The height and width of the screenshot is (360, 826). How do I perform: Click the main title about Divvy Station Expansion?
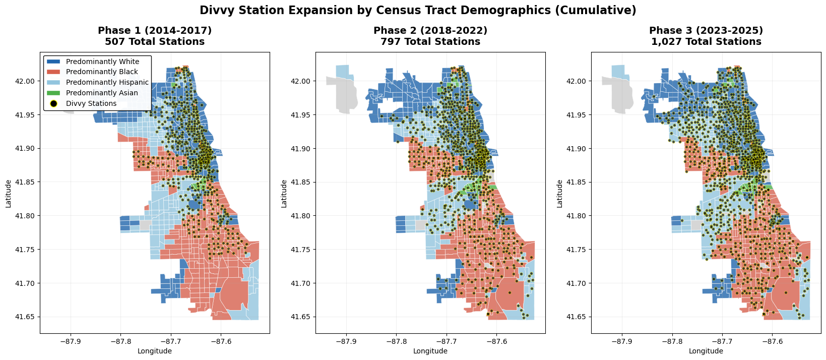coord(418,10)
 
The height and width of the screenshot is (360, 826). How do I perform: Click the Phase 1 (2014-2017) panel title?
coord(155,31)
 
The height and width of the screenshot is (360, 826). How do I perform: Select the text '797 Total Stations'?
coord(430,42)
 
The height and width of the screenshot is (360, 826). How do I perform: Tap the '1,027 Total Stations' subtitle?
coord(706,42)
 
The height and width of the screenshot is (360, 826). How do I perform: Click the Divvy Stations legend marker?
coord(53,103)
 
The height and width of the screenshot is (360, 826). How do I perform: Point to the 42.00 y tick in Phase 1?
coord(29,81)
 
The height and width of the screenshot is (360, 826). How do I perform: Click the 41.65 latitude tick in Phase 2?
coord(304,317)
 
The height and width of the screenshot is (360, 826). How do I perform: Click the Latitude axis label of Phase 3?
coord(560,194)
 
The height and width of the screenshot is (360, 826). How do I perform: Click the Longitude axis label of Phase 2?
coord(430,351)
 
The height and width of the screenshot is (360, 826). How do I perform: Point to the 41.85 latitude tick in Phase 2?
coord(304,182)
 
